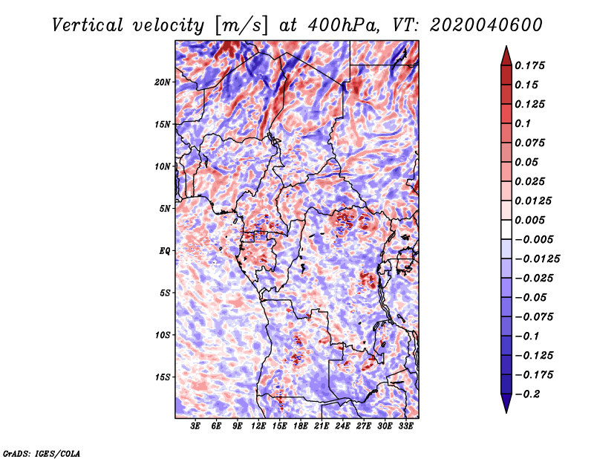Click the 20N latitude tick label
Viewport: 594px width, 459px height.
point(163,82)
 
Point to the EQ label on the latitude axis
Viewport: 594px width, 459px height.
point(165,250)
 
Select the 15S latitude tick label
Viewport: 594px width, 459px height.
point(163,377)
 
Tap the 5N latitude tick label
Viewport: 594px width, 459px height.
point(165,209)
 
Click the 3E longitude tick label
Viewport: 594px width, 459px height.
point(195,426)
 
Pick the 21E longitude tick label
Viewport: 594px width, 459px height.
point(322,426)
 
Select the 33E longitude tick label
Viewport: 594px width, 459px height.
point(405,426)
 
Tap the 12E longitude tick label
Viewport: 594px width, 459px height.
point(258,426)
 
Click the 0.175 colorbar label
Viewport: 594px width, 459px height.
point(529,65)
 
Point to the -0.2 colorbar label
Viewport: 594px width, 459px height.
point(527,394)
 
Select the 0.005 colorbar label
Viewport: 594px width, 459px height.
point(529,220)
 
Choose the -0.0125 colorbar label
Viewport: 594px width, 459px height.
point(537,259)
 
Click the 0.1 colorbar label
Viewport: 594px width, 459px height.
point(523,123)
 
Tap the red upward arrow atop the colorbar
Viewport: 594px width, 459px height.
point(506,56)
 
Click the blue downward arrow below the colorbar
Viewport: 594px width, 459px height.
point(506,403)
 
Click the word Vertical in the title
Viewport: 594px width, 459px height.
point(87,25)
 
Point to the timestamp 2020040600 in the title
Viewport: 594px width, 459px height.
point(486,25)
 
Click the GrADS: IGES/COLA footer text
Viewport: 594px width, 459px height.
point(42,453)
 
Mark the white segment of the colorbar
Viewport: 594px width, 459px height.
point(506,229)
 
